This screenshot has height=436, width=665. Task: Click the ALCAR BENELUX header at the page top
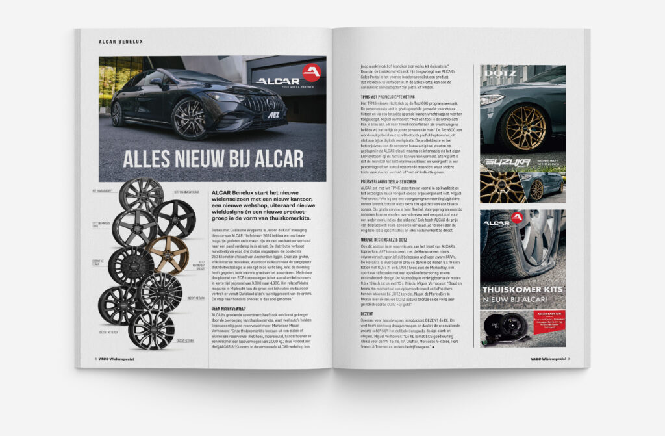[121, 42]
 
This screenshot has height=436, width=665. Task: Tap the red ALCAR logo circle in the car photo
[311, 73]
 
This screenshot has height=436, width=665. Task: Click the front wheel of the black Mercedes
[189, 119]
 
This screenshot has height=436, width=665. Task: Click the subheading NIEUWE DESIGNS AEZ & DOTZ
[386, 239]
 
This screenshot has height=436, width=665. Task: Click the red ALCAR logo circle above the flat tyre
[517, 218]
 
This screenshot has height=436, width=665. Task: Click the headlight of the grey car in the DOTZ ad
[492, 99]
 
